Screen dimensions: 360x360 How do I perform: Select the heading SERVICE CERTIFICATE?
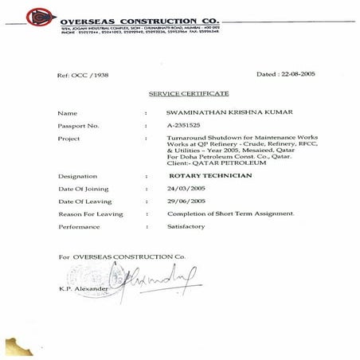pyautogui.click(x=189, y=94)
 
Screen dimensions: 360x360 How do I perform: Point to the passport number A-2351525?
pyautogui.click(x=188, y=126)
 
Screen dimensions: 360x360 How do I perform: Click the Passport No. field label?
pyautogui.click(x=77, y=126)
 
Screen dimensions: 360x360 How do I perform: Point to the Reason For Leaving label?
pyautogui.click(x=90, y=213)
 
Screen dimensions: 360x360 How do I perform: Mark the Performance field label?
pyautogui.click(x=79, y=226)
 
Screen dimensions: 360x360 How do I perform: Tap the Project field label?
pyautogui.click(x=68, y=139)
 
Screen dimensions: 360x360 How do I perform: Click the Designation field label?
pyautogui.click(x=77, y=175)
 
